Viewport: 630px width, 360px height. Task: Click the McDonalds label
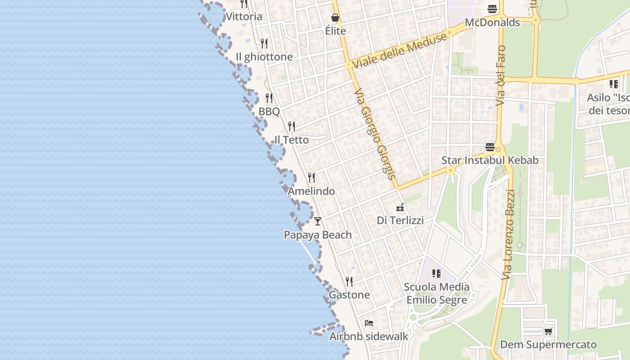492,22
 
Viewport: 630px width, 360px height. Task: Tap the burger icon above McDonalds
492,9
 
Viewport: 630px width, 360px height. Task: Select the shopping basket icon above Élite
335,18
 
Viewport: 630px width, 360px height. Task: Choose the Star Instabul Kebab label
490,160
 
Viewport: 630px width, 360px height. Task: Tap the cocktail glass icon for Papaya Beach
318,221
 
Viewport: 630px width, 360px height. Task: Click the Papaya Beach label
318,235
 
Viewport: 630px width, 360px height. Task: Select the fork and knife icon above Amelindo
311,178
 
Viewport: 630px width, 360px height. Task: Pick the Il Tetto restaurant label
292,140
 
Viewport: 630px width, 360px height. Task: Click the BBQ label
269,112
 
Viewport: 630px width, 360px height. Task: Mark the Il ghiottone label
264,57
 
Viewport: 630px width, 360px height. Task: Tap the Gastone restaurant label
349,295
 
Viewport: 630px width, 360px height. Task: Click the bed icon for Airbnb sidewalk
369,323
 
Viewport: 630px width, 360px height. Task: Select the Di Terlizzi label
400,220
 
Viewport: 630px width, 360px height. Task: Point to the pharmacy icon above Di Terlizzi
400,207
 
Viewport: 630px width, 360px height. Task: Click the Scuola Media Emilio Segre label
436,293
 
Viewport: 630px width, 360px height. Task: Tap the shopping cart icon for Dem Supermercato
548,332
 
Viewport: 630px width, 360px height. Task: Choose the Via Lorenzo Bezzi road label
509,234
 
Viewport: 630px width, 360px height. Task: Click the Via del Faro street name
501,76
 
